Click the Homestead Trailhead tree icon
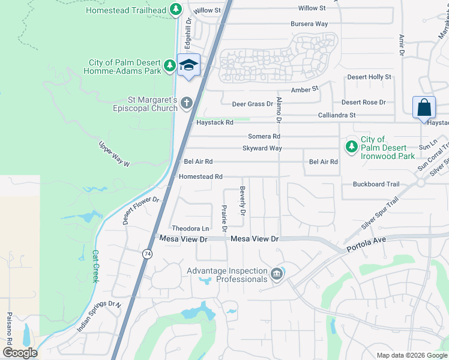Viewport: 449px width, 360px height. tap(175, 10)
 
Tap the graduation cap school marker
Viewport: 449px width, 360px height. tap(188, 65)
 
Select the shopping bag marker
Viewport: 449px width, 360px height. tap(424, 108)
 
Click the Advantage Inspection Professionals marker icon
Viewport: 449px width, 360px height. tap(276, 274)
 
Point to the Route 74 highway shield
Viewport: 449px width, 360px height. tap(147, 254)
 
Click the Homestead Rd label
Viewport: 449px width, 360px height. tap(201, 176)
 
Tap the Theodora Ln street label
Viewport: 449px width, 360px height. tap(190, 228)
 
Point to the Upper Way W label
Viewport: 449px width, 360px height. tap(114, 154)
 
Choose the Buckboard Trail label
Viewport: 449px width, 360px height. tap(376, 184)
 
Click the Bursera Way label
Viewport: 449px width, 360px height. tap(309, 24)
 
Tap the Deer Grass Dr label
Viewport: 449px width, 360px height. tap(253, 104)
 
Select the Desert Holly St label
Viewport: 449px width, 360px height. tap(369, 77)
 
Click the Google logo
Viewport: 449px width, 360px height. tap(19, 352)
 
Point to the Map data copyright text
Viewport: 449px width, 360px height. tap(412, 355)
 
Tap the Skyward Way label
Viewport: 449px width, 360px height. tap(262, 148)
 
